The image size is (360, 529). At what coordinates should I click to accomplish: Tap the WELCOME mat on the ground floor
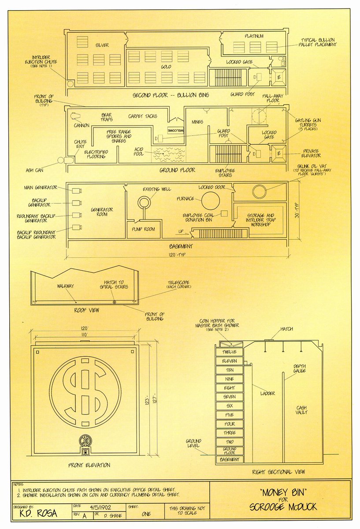[175, 131]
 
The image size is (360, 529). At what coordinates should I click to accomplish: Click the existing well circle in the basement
[144, 203]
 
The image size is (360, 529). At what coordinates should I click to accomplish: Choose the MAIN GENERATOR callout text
[40, 188]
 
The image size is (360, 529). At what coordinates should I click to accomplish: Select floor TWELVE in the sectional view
[229, 352]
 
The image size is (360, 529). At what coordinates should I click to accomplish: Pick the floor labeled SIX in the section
[229, 406]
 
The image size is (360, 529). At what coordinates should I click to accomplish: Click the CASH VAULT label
[301, 410]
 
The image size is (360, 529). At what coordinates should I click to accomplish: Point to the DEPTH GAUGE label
[300, 369]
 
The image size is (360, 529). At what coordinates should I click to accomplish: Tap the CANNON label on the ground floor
[82, 125]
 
